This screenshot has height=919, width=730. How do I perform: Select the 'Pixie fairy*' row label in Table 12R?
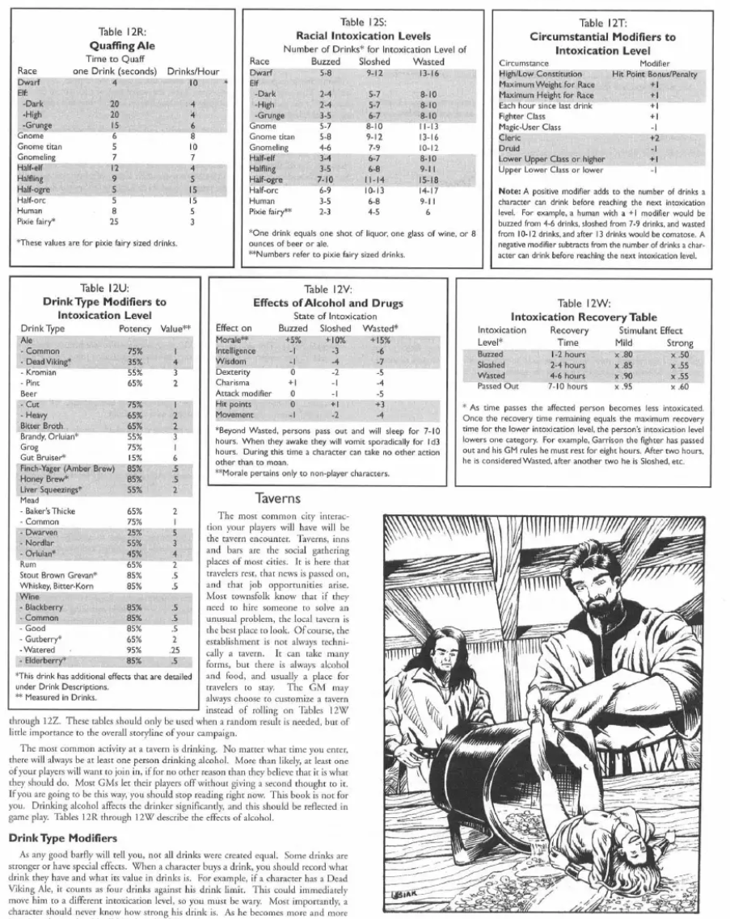point(36,220)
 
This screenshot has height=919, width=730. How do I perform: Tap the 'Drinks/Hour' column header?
point(193,71)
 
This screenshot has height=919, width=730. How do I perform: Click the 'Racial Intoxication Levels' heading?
point(363,36)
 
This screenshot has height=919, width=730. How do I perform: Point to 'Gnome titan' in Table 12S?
point(271,136)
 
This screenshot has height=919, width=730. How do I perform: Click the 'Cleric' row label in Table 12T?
point(510,138)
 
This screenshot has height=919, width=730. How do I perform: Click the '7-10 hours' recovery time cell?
point(569,386)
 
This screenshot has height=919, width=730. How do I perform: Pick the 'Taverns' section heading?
point(279,498)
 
